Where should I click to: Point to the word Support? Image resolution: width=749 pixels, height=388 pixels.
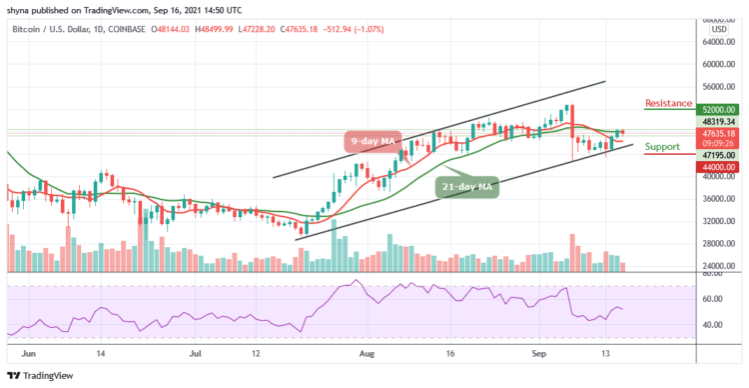click(x=662, y=147)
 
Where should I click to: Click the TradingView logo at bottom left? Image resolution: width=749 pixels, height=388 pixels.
click(x=40, y=376)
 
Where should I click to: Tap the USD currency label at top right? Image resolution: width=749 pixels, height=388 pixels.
click(x=718, y=28)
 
